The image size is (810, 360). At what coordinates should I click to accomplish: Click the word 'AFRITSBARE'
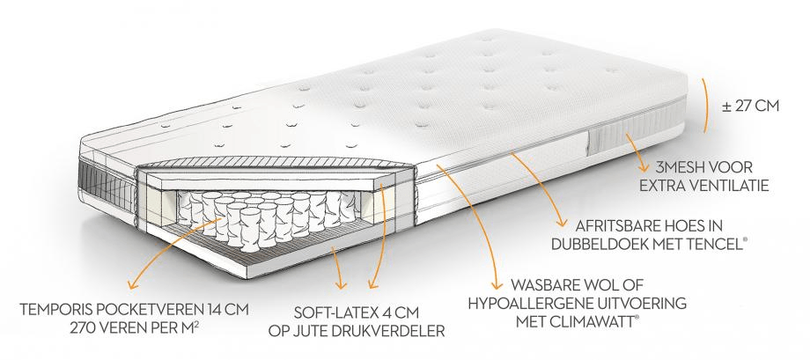[x=607, y=224]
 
